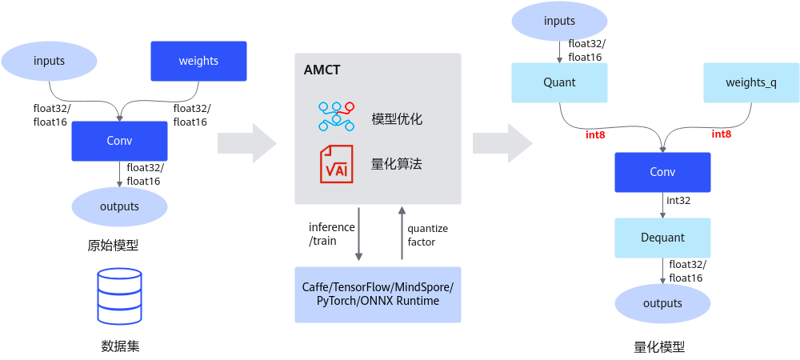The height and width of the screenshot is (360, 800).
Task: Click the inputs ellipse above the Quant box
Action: tap(560, 22)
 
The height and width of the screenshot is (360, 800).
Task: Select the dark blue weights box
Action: tap(199, 61)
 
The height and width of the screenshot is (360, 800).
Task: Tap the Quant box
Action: tap(560, 82)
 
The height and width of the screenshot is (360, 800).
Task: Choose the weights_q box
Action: tap(751, 82)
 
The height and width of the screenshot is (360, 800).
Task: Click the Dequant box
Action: tap(662, 237)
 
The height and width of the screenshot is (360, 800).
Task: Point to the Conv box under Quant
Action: tap(662, 172)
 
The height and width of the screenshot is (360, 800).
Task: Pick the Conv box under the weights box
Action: tap(119, 141)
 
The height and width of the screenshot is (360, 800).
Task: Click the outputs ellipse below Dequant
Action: tap(662, 303)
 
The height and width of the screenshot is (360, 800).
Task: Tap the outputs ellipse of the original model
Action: tap(119, 206)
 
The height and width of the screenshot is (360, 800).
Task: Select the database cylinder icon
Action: tap(119, 296)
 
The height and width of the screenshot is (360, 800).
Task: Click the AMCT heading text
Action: tap(322, 70)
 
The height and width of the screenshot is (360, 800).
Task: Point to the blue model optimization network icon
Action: tap(336, 117)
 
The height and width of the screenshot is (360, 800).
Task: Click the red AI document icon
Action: tap(336, 164)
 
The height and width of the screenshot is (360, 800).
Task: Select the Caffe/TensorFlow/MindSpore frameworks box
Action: tap(378, 294)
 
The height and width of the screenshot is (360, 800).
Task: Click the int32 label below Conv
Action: tap(679, 200)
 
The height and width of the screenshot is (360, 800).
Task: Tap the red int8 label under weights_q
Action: tap(722, 134)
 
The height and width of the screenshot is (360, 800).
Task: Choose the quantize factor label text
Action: tap(428, 234)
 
